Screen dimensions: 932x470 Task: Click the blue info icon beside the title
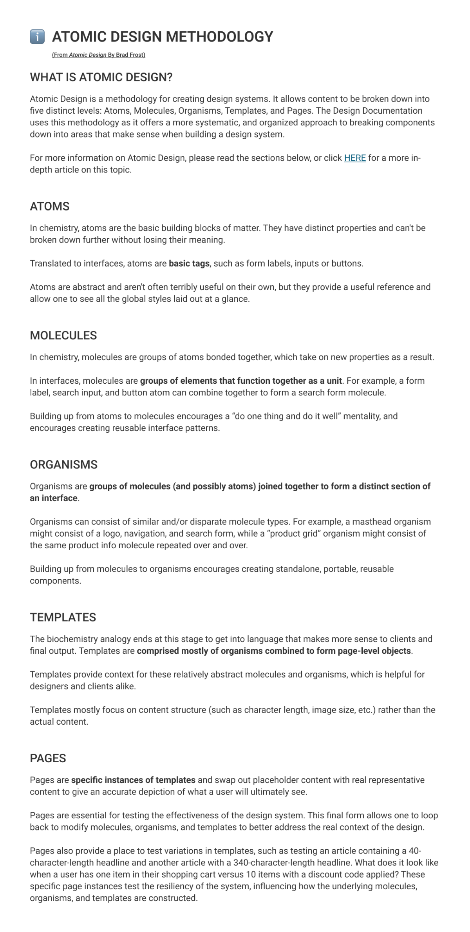tap(37, 37)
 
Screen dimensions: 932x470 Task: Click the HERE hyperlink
tap(355, 158)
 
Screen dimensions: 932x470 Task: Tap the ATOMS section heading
tap(50, 207)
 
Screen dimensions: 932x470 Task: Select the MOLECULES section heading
tap(63, 335)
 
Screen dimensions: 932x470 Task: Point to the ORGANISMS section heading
tap(64, 465)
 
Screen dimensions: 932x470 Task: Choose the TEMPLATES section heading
tap(63, 617)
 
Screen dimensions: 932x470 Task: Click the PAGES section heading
tap(48, 758)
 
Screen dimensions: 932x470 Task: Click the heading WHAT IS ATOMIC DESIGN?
tap(101, 77)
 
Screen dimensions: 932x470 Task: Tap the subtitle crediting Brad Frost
tap(99, 55)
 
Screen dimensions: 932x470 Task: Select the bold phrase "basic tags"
tap(189, 264)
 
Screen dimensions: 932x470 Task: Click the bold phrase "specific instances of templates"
tap(133, 780)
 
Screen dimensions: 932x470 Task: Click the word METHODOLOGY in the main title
tap(219, 37)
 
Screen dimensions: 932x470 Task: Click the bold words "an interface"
tap(54, 498)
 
